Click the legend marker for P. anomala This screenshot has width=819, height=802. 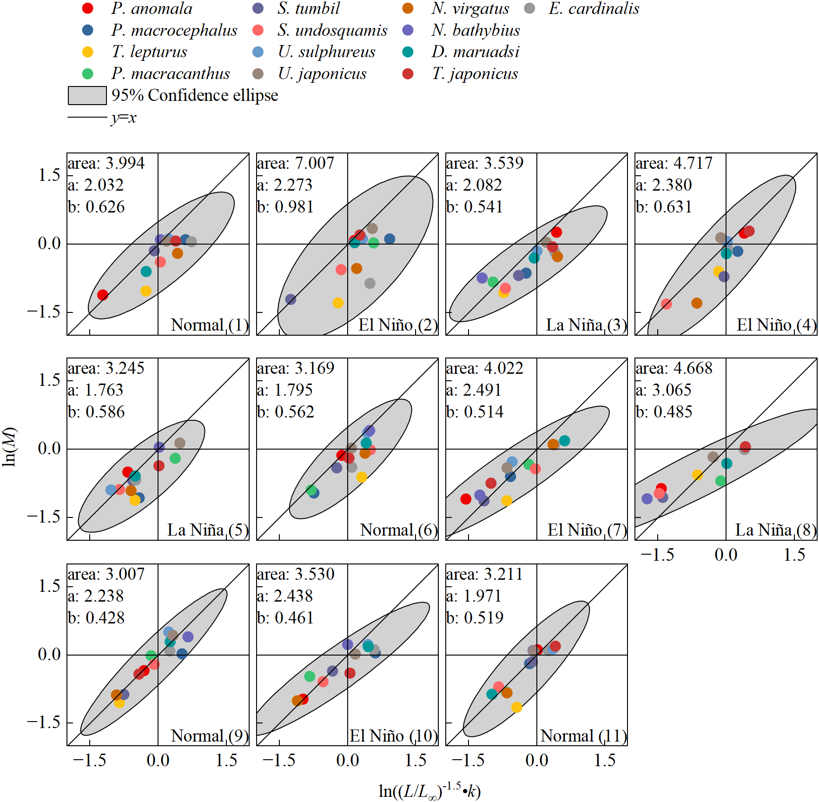point(87,8)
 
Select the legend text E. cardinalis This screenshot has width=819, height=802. point(594,8)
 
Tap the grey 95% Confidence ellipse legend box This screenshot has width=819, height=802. point(87,95)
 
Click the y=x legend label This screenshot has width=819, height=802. point(124,118)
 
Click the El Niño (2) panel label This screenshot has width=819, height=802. point(398,325)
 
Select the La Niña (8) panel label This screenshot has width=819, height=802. point(775,530)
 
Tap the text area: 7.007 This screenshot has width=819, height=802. point(295,163)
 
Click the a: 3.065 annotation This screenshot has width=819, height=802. point(663,390)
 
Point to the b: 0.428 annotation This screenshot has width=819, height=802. point(96,617)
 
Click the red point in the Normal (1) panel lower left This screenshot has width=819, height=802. point(103,295)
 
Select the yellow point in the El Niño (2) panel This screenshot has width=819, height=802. point(338,303)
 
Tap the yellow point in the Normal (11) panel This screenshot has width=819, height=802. point(516,707)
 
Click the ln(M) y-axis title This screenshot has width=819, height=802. point(10,447)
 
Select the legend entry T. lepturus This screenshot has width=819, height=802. point(149,52)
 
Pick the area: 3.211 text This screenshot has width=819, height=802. point(484,574)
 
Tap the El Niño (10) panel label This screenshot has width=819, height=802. point(393,736)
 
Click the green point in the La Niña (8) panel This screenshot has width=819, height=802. point(720,481)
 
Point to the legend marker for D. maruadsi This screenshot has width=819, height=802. point(408,52)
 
